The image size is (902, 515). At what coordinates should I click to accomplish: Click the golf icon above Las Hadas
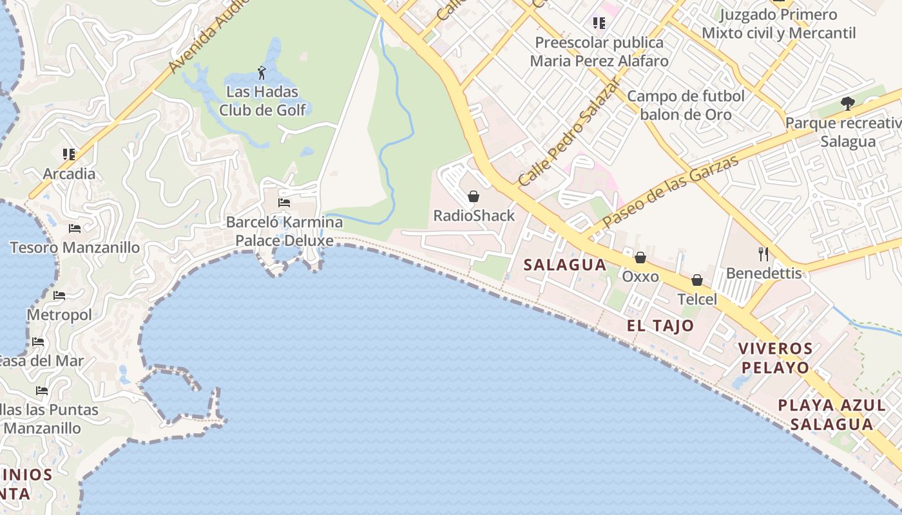(262, 71)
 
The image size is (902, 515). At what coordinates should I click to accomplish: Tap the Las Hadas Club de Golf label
(263, 100)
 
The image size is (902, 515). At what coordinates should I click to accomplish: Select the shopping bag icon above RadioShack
(474, 196)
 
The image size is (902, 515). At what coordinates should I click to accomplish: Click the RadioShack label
(474, 216)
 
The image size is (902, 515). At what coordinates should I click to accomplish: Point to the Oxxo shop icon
(640, 257)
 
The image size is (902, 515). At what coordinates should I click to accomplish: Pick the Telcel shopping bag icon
(697, 280)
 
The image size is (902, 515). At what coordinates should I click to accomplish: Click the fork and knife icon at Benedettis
(763, 254)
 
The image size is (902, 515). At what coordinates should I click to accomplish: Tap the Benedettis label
(764, 273)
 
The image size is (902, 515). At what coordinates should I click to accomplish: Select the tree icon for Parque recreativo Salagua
(848, 103)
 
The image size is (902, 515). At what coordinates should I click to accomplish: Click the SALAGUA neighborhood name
(565, 265)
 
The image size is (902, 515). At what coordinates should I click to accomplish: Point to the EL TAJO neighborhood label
(660, 326)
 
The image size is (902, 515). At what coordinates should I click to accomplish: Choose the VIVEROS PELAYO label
(775, 358)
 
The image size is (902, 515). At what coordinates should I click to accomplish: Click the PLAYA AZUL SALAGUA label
(832, 415)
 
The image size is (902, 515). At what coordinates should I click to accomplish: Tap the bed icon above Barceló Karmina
(283, 203)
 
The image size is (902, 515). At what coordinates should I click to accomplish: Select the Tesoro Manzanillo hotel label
(75, 247)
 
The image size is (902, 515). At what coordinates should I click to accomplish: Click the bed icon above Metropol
(59, 295)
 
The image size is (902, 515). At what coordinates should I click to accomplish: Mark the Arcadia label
(69, 174)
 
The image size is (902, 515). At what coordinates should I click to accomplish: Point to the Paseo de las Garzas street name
(670, 191)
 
